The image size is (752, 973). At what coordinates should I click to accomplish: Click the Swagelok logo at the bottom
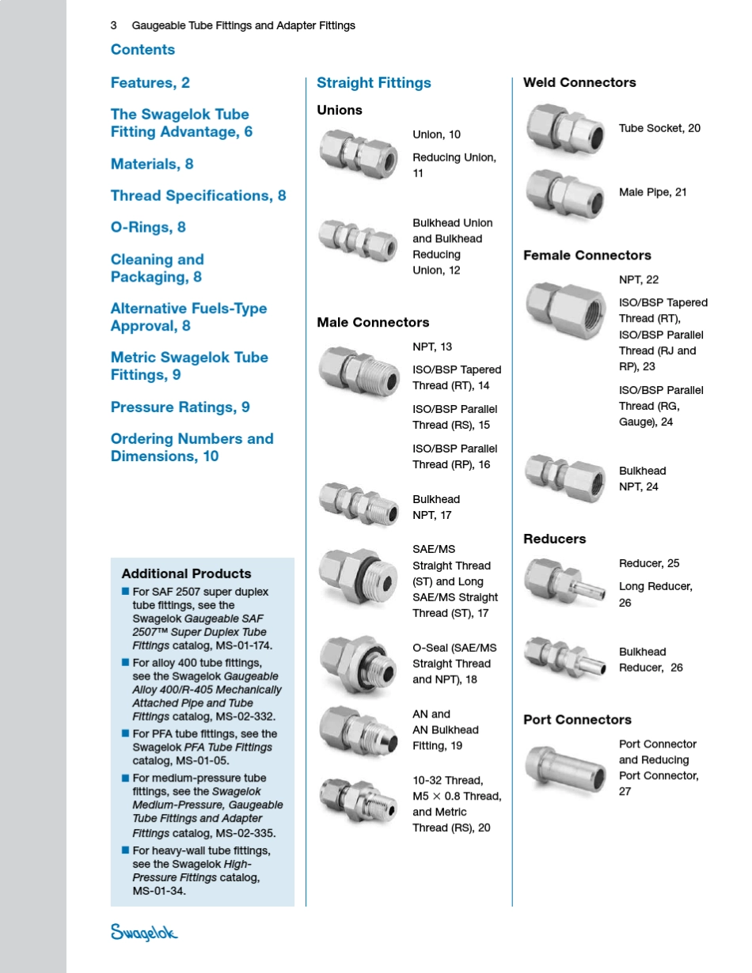pos(144,933)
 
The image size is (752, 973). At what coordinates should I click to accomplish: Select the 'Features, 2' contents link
pos(150,83)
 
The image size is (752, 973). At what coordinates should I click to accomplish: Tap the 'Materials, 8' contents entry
pos(152,165)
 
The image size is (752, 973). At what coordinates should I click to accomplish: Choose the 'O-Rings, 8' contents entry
pos(148,228)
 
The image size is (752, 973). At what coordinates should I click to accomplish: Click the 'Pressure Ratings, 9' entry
pos(180,407)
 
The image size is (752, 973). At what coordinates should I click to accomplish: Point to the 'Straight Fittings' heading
pos(374,83)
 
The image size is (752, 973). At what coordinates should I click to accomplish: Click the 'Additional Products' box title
pos(186,574)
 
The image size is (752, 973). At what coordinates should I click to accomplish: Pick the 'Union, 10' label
pos(436,135)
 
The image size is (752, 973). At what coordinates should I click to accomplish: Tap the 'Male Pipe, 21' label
pos(653,192)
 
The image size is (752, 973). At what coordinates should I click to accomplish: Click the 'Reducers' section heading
pos(554,540)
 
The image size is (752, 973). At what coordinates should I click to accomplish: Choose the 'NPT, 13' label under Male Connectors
pos(432,347)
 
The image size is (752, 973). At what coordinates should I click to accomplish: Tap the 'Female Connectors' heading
pos(587,256)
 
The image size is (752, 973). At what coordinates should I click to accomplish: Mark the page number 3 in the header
pos(114,26)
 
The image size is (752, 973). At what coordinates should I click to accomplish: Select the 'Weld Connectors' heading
pos(579,83)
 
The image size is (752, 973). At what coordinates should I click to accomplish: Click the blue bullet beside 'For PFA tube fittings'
pos(125,733)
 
